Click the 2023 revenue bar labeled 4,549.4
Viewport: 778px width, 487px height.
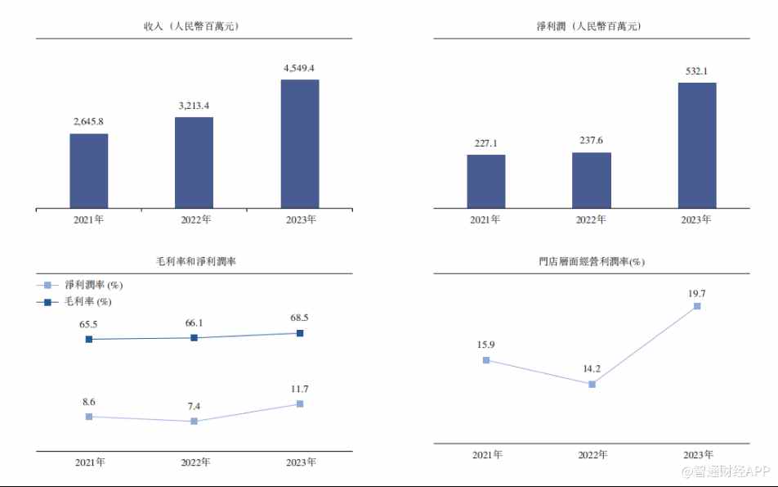tap(300, 143)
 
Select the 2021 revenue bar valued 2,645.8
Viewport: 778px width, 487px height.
tap(88, 170)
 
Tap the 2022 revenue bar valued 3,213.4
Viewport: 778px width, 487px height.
tap(194, 162)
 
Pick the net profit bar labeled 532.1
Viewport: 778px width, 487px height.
tap(697, 145)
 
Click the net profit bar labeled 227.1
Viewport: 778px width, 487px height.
tap(486, 181)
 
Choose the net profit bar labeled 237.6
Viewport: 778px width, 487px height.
tap(592, 180)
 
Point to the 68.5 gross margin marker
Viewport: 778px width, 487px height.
tap(300, 333)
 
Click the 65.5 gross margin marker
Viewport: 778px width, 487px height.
tap(89, 339)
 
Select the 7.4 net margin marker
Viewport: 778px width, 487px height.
tap(194, 421)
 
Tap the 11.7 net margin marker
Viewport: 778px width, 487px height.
tap(300, 404)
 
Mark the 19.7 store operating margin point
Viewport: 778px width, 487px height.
tap(697, 306)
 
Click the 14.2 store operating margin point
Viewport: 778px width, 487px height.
tap(592, 384)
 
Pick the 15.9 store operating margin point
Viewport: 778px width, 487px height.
tap(486, 359)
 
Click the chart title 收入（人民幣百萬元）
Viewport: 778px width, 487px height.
tap(194, 26)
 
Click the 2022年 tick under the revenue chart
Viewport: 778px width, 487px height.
tap(195, 219)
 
